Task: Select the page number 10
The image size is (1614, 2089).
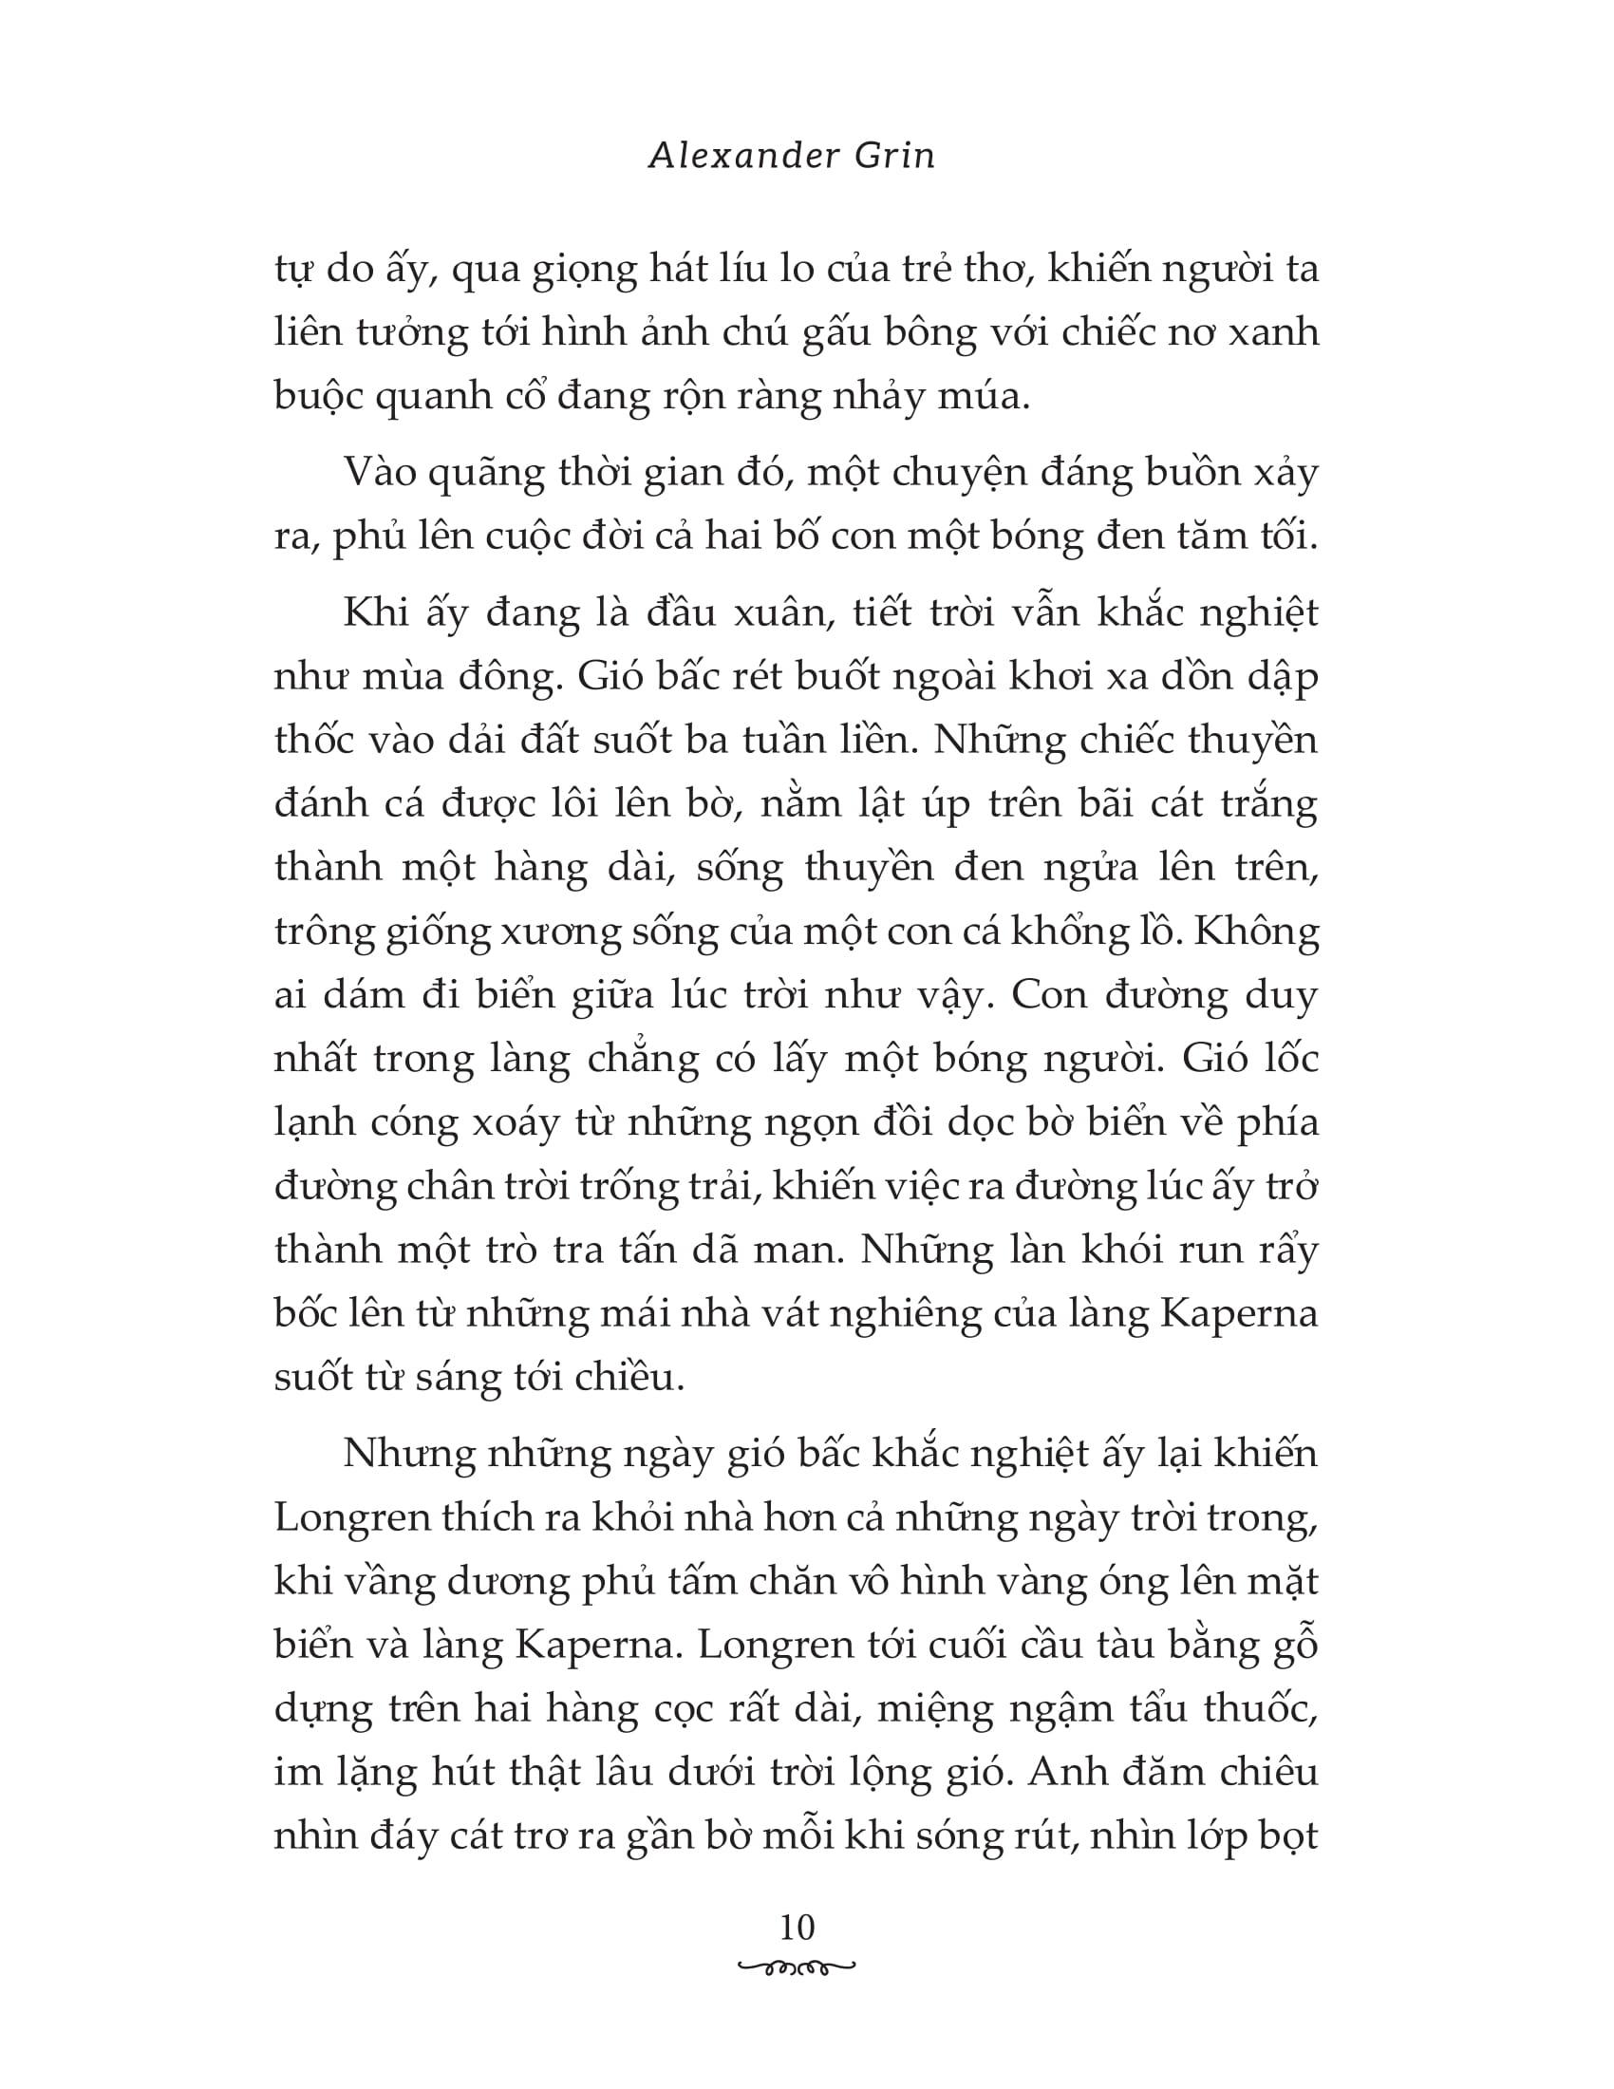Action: pyautogui.click(x=797, y=1927)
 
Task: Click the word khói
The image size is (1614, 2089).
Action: pyautogui.click(x=1095, y=1251)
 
